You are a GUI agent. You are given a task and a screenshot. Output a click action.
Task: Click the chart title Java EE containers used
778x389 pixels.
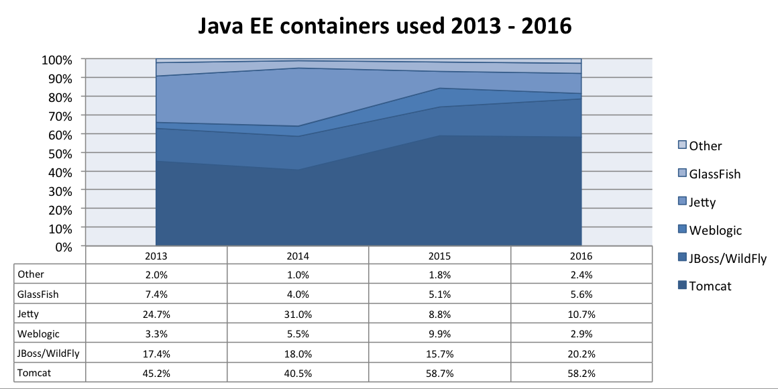coord(385,26)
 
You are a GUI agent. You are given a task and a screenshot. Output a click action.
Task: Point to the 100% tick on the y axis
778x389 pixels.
coord(57,60)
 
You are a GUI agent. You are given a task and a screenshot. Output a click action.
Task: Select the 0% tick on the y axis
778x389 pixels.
coord(62,246)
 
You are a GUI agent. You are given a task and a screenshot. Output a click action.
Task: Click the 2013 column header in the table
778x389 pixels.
coord(156,256)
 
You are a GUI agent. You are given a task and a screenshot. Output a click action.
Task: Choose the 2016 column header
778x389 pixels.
coord(581,256)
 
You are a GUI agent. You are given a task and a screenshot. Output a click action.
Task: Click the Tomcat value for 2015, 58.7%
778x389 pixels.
coord(439,373)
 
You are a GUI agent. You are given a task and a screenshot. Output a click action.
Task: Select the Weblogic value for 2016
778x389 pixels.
coord(581,333)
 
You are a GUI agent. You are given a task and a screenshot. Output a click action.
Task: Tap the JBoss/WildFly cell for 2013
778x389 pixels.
coord(156,353)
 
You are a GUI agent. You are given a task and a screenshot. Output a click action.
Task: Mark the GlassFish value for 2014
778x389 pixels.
coord(298,294)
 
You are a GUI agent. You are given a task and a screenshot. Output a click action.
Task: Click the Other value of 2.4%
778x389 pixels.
coord(581,274)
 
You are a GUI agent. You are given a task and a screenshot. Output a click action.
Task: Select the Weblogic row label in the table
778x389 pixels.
coord(37,333)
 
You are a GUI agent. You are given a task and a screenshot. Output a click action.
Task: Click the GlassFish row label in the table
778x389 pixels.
coord(38,294)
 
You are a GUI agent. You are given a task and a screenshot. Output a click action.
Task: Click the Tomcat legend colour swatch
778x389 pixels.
coord(682,286)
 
